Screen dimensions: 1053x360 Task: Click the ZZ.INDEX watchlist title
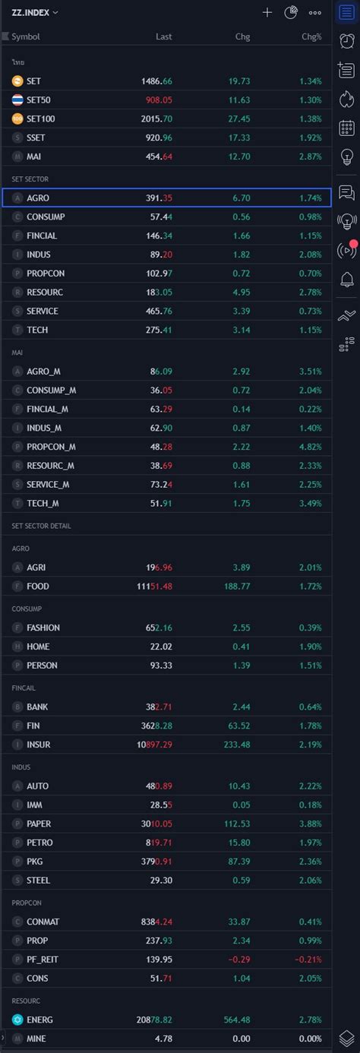[x=31, y=12]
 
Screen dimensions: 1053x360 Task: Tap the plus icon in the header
[x=267, y=12]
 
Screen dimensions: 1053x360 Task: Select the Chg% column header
[x=311, y=36]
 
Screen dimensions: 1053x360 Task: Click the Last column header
[x=164, y=36]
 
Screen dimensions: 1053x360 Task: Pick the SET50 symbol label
[x=39, y=100]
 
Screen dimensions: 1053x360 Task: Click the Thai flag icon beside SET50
[x=17, y=100]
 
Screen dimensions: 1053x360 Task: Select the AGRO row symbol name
[x=38, y=198]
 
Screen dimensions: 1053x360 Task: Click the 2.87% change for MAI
[x=310, y=157]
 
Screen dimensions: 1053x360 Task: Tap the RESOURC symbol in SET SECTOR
[x=45, y=292]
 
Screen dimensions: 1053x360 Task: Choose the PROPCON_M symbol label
[x=51, y=447]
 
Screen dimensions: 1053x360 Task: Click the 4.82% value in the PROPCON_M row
[x=310, y=447]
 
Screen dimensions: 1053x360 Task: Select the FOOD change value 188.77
[x=235, y=586]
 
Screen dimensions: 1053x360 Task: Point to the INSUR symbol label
[x=39, y=745]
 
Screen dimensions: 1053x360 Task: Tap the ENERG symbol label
[x=39, y=1020]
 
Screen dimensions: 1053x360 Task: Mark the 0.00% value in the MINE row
[x=310, y=1039]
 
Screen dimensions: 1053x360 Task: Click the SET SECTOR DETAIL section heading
[x=42, y=526]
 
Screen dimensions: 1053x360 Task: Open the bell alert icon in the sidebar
[x=347, y=280]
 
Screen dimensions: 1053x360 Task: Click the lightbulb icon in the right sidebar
[x=347, y=157]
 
